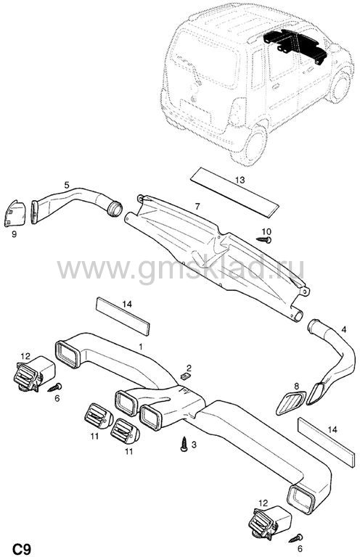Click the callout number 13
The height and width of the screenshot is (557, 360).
pos(240,180)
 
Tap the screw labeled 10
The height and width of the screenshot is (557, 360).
pos(264,240)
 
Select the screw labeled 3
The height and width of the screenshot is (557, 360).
pos(184,445)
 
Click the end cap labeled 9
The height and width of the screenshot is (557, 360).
pos(15,213)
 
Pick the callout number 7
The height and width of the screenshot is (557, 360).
pos(197,207)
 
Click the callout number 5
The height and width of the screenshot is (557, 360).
pos(67,185)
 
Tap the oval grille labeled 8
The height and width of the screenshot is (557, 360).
pos(291,403)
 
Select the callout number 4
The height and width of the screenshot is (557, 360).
pos(343,330)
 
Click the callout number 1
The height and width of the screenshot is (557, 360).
pos(141,347)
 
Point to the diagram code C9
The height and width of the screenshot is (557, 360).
pos(21,549)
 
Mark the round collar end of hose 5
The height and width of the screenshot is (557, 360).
pos(115,209)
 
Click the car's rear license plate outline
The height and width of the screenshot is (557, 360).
pos(196,110)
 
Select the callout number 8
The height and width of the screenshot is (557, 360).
pos(296,385)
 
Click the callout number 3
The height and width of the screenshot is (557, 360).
pos(194,445)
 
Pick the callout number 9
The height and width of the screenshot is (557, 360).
pos(15,234)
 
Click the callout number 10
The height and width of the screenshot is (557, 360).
pos(266,231)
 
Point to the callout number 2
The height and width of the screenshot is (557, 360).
pos(189,368)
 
